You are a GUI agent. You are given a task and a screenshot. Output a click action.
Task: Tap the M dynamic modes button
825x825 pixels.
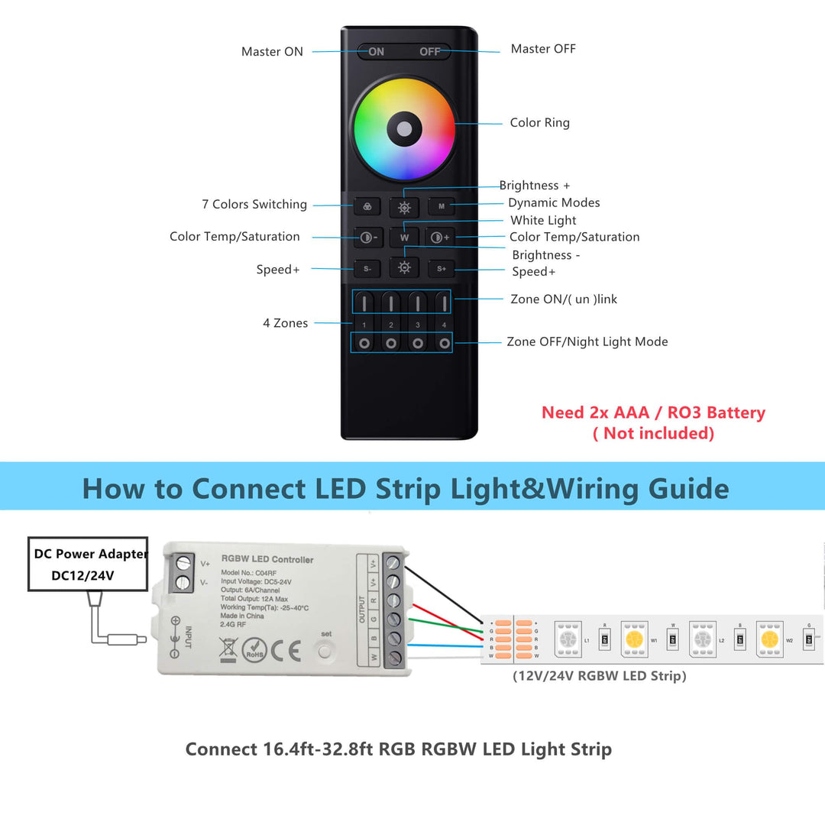click(x=442, y=206)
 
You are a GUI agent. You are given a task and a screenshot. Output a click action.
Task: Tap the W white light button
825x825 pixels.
click(x=404, y=238)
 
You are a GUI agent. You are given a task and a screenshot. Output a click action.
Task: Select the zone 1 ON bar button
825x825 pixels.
click(x=364, y=302)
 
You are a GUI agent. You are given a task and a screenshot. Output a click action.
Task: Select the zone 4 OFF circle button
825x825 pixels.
click(x=444, y=343)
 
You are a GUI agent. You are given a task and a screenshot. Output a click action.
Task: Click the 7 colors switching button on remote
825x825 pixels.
click(x=367, y=206)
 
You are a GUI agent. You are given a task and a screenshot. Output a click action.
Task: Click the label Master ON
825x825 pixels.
click(x=272, y=52)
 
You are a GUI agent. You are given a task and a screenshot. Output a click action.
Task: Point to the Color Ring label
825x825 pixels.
click(x=539, y=123)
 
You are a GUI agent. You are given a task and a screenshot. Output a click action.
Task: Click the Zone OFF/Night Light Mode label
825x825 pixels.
click(x=587, y=341)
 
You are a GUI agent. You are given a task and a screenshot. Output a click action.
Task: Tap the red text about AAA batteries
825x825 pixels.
click(x=653, y=422)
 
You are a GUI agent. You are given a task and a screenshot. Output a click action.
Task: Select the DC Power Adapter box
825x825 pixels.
click(x=89, y=564)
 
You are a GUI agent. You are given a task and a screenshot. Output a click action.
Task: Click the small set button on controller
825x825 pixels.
click(x=326, y=651)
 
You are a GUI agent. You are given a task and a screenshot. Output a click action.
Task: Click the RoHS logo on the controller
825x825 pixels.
click(x=254, y=651)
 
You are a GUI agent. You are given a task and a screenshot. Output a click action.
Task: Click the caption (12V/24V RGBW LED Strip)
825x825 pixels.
click(x=599, y=676)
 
